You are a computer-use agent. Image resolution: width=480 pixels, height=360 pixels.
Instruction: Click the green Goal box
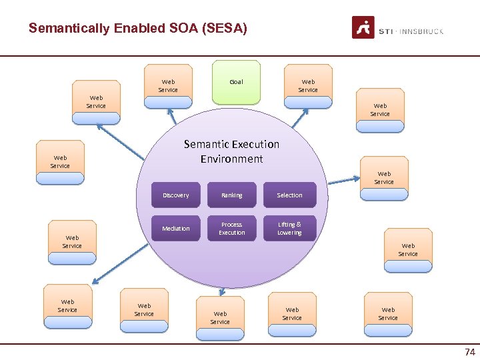click(236, 82)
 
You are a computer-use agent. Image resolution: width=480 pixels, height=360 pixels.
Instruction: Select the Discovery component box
click(176, 195)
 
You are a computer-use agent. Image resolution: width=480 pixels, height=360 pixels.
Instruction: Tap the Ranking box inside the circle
click(232, 195)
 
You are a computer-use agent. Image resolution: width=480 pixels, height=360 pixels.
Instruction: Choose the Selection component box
click(289, 195)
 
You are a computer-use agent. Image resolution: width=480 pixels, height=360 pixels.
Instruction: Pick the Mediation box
click(176, 228)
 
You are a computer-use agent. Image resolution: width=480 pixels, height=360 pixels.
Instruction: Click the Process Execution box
click(232, 228)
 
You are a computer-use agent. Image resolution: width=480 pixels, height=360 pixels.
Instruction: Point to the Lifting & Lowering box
click(289, 228)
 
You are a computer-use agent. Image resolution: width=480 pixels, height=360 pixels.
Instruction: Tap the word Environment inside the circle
click(231, 159)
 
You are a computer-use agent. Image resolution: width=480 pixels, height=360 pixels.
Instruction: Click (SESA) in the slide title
click(225, 28)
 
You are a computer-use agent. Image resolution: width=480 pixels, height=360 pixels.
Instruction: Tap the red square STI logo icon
click(363, 28)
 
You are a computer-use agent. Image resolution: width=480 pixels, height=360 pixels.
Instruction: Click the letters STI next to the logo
click(386, 31)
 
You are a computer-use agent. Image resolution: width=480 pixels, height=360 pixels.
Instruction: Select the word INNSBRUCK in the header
click(422, 31)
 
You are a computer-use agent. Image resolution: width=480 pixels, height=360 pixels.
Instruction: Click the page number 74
click(469, 352)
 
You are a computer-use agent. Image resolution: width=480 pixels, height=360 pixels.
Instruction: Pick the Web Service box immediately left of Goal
click(168, 86)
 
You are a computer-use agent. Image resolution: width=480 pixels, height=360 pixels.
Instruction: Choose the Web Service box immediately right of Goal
click(308, 86)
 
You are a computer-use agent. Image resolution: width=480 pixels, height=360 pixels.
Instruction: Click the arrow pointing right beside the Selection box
click(343, 180)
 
